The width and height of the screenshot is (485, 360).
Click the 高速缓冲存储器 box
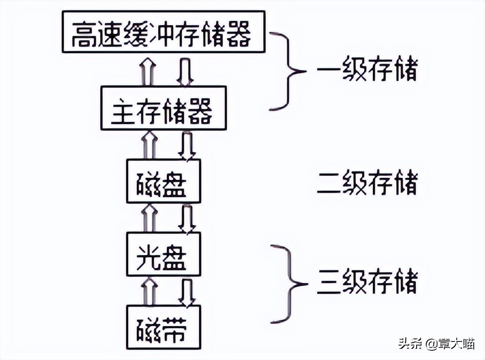[163, 33]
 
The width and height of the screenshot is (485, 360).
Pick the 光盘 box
[163, 254]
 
